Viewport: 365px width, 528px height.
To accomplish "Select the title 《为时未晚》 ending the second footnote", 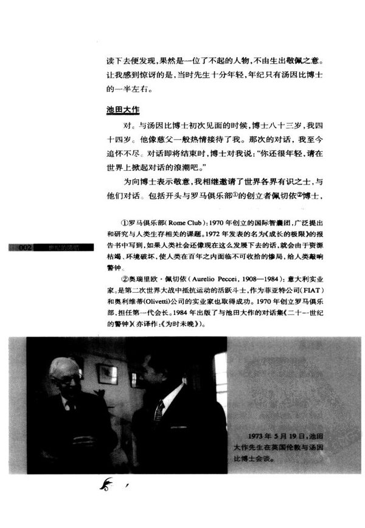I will tap(182, 325).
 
